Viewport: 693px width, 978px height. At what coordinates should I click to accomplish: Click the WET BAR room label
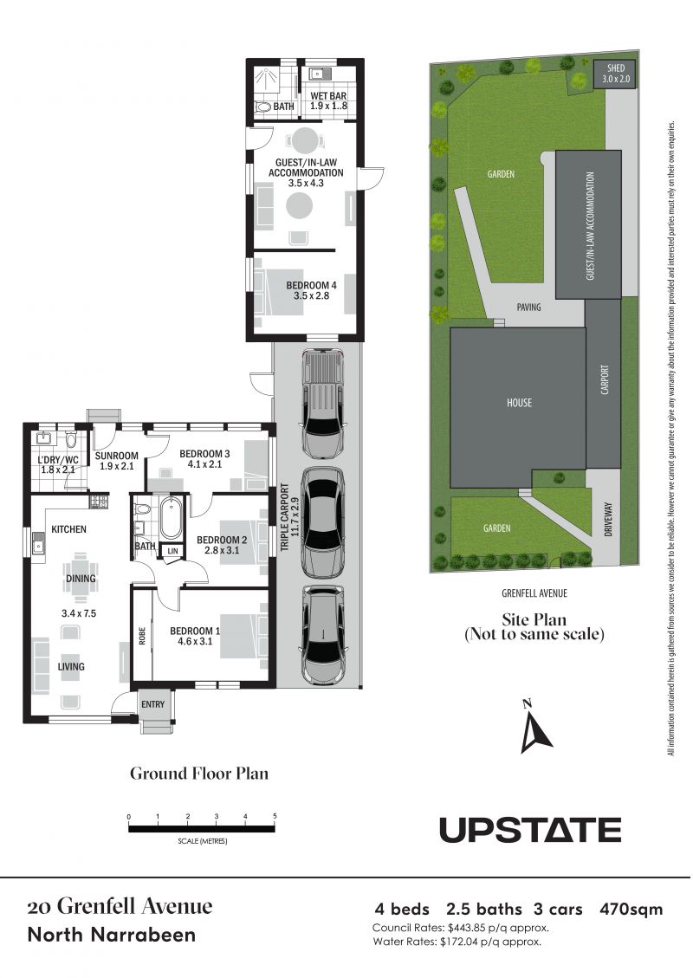pos(328,96)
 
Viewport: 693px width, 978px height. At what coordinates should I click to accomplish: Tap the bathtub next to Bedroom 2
pos(171,518)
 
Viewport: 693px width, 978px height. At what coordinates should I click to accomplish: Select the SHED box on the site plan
pos(616,74)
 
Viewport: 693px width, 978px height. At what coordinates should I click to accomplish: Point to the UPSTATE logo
pos(530,830)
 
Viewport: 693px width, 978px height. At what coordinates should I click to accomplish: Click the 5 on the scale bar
pos(275,816)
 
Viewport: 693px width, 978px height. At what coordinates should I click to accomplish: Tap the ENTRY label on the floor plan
pos(152,704)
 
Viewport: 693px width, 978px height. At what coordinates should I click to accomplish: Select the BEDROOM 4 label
pos(311,285)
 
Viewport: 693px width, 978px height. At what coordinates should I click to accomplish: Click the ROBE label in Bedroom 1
pos(142,636)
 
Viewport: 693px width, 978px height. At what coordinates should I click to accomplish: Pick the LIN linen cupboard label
pos(172,551)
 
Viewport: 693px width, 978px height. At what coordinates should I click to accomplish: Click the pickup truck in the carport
pos(322,402)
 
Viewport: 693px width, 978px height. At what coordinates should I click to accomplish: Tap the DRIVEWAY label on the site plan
pos(608,520)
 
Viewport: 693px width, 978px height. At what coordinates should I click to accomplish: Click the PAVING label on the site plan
pos(528,307)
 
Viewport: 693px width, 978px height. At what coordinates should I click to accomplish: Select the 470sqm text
pos(631,910)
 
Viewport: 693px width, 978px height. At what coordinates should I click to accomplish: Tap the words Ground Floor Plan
pos(199,774)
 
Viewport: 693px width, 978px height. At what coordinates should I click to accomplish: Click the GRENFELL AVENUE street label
pos(534,593)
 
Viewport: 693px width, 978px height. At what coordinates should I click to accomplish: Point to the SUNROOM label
pos(117,456)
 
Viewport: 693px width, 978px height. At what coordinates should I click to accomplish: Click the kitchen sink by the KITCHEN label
pos(39,545)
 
